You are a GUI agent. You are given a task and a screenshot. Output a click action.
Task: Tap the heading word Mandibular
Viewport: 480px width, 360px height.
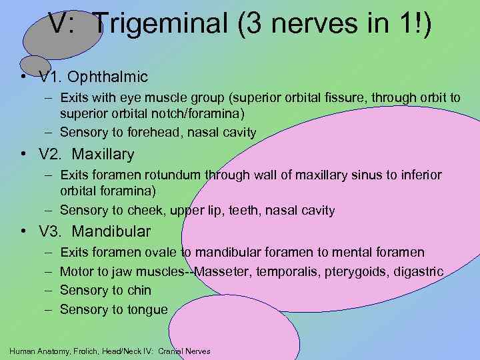(x=111, y=232)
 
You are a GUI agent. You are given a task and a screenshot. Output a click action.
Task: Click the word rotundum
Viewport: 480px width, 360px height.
(x=173, y=175)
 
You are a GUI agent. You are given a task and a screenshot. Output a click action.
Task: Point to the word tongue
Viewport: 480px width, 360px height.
(x=147, y=309)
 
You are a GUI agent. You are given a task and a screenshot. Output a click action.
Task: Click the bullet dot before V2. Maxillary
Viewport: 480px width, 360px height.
(x=24, y=155)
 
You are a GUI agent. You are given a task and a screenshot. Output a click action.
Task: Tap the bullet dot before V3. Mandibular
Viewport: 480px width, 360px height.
(x=24, y=233)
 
